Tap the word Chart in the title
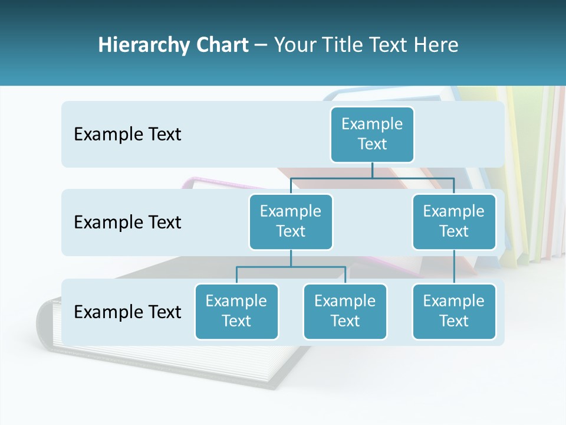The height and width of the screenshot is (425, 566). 219,45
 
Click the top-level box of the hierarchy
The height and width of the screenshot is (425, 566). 372,134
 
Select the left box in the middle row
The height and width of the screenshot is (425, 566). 291,221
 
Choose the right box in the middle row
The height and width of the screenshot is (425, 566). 454,221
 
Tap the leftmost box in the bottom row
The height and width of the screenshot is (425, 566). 236,311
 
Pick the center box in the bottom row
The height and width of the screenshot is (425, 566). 345,311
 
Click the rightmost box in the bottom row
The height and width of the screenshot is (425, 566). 454,311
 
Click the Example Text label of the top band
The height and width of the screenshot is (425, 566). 127,134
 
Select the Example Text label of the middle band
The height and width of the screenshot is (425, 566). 127,222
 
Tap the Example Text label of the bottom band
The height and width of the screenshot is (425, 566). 127,312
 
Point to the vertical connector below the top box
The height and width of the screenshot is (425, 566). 372,170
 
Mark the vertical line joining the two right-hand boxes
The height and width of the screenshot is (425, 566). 454,267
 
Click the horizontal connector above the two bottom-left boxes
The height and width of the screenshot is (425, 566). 291,267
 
